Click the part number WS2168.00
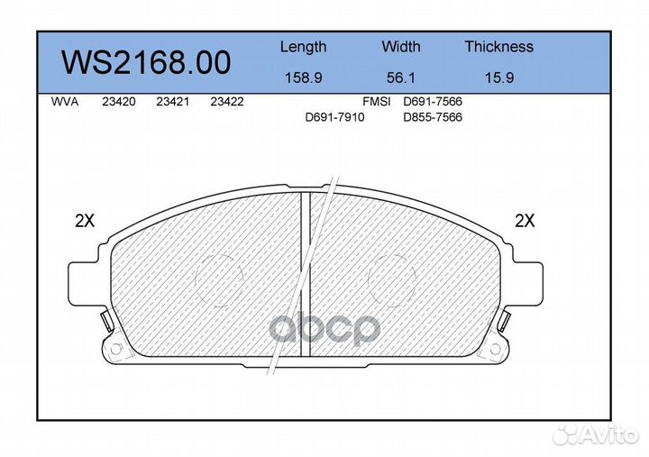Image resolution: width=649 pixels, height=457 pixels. pyautogui.click(x=146, y=62)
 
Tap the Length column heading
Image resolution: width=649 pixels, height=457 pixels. pyautogui.click(x=304, y=48)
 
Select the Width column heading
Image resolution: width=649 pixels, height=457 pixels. pyautogui.click(x=400, y=46)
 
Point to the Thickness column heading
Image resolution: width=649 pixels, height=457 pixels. pyautogui.click(x=498, y=46)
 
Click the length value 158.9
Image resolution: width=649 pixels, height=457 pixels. pyautogui.click(x=304, y=78)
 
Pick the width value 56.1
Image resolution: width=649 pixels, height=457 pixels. pyautogui.click(x=400, y=78)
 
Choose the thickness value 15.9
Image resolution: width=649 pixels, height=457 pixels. pyautogui.click(x=499, y=78)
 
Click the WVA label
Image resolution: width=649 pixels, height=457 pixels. pyautogui.click(x=65, y=102)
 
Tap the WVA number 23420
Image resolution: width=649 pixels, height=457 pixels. pyautogui.click(x=119, y=102)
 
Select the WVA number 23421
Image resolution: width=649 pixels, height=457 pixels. pyautogui.click(x=172, y=102)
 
